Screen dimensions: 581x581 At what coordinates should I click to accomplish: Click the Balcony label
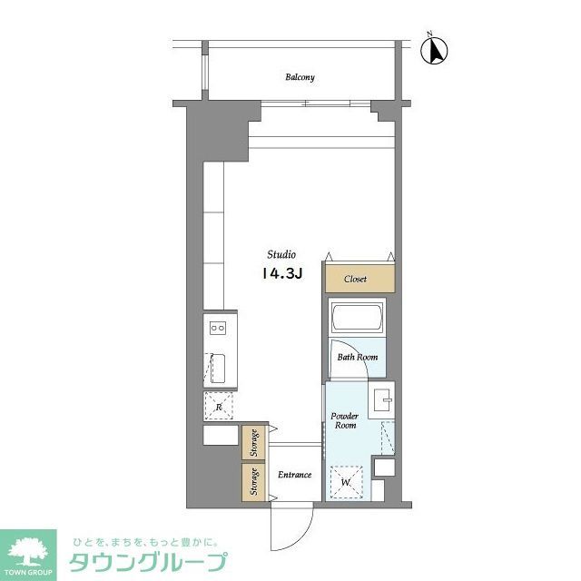(x=300, y=77)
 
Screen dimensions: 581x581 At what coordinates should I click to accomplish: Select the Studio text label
(x=281, y=254)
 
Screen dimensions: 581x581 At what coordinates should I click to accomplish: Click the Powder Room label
(x=345, y=420)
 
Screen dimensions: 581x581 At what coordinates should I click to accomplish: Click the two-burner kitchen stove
(x=218, y=327)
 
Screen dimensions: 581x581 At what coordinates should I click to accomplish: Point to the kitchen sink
(x=218, y=369)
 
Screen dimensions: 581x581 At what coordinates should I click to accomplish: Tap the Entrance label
(x=294, y=475)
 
